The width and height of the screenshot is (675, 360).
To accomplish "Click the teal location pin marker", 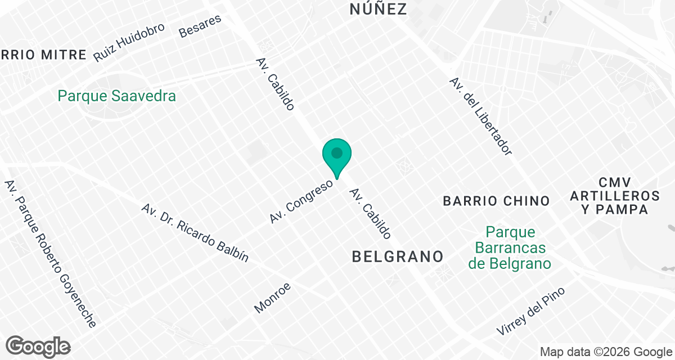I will coord(337,156).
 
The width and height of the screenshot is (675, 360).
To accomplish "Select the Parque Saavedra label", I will coord(117,96).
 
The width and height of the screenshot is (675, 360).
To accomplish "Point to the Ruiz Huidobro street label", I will coord(129,42).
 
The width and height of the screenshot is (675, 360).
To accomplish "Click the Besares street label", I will coord(200,25).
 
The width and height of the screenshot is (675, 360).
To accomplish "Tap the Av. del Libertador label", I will coord(480,116).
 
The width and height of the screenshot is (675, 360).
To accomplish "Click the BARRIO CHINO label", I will coord(496,201).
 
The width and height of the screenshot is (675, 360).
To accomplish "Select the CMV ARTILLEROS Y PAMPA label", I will coord(615,196).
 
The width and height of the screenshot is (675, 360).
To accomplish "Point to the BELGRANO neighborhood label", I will coord(398,256).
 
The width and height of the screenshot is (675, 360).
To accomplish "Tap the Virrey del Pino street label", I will coord(530,311).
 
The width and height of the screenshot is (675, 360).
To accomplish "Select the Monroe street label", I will coord(273,297).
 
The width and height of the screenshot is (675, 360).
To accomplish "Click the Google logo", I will coord(38,346).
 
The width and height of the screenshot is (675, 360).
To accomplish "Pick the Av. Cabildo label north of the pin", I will coord(275,84).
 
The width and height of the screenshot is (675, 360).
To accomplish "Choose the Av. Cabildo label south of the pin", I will coord(370,214).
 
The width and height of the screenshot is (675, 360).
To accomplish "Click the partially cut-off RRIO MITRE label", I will coord(44,55).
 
